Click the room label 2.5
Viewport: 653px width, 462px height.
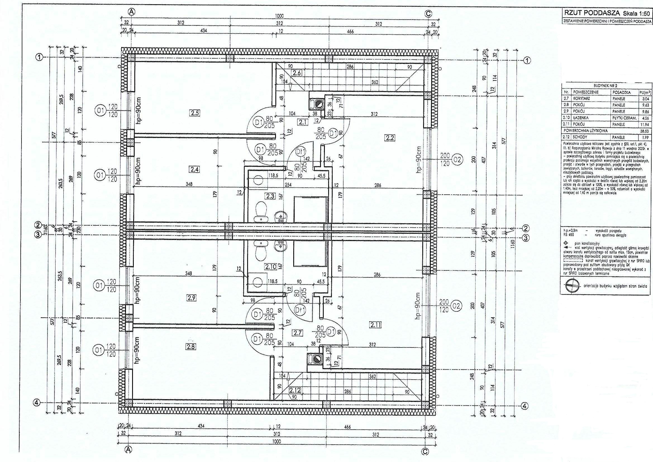click(x=195, y=113)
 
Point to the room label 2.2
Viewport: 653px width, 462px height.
click(x=389, y=138)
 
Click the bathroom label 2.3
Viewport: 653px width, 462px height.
click(x=270, y=196)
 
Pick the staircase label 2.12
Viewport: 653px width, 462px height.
click(x=295, y=391)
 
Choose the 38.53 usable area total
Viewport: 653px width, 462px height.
click(x=643, y=131)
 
